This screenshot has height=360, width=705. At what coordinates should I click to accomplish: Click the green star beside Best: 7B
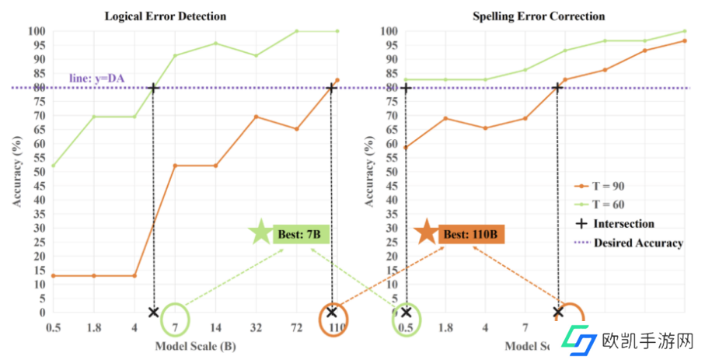tap(260, 232)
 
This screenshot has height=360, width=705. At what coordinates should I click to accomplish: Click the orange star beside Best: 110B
tap(425, 232)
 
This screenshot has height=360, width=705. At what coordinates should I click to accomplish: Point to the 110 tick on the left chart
tap(337, 329)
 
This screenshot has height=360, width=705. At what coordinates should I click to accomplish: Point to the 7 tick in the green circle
tap(176, 329)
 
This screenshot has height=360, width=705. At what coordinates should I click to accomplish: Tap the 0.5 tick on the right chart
tap(405, 329)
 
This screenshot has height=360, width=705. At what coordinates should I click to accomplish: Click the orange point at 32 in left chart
tap(257, 117)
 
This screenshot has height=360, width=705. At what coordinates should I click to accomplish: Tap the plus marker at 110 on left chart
tap(332, 88)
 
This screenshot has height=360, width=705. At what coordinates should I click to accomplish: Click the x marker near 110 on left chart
tap(332, 313)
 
